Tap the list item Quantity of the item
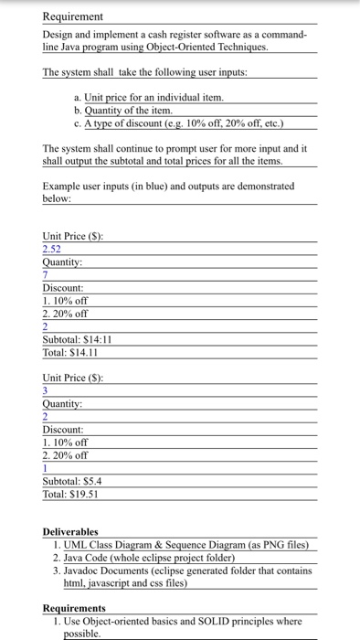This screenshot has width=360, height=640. click(x=127, y=110)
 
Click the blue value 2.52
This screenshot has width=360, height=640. click(x=54, y=248)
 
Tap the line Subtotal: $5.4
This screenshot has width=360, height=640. click(x=73, y=482)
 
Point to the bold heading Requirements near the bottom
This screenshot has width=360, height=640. click(x=75, y=607)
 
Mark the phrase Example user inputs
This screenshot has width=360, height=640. click(x=88, y=186)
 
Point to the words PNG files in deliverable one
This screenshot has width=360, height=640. click(x=280, y=545)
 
